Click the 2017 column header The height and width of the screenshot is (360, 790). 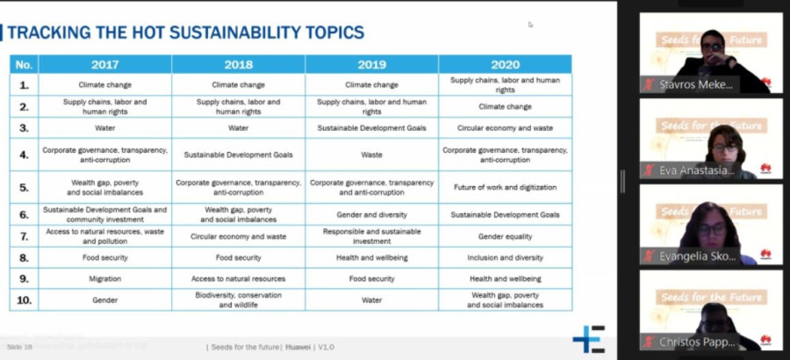104,64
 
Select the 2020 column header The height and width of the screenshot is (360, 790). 505,64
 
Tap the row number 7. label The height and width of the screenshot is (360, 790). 24,236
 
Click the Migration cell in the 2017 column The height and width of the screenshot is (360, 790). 104,278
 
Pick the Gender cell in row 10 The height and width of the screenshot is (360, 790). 104,299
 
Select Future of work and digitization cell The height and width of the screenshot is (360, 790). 505,186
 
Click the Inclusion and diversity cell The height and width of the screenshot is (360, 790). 505,257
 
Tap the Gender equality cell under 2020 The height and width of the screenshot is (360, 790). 505,236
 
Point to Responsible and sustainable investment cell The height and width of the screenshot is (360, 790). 371,236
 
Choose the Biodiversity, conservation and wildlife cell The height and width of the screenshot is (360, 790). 238,299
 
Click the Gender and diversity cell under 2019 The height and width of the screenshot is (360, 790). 371,214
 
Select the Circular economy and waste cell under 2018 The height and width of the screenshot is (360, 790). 238,236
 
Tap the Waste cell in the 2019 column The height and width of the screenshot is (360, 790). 371,155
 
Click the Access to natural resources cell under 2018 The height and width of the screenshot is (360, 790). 238,278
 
